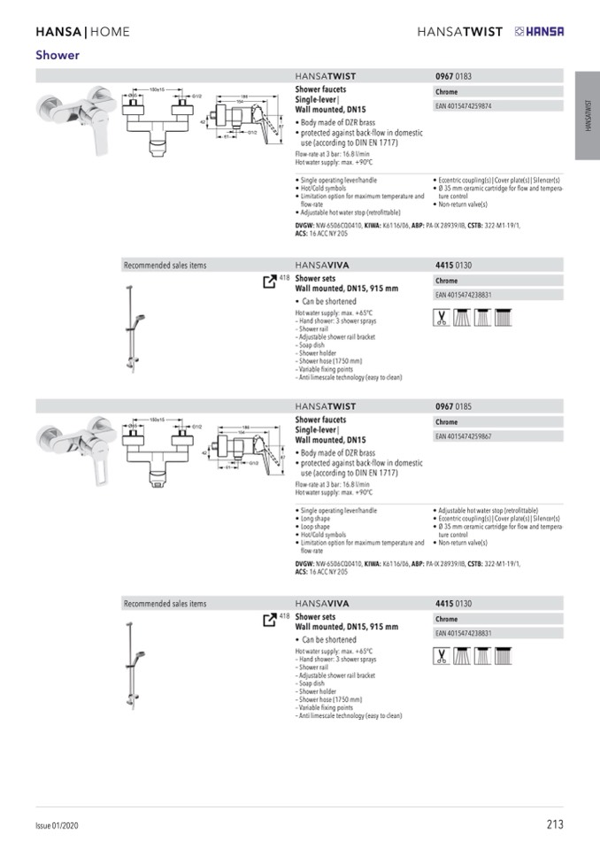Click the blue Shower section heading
tap(58, 55)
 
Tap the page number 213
tap(554, 824)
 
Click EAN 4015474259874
tap(464, 106)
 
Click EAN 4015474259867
tap(464, 436)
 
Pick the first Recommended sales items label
tap(165, 265)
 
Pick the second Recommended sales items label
tap(165, 604)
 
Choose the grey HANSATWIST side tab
tap(587, 116)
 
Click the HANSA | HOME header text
tap(82, 32)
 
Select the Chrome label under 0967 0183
tap(447, 92)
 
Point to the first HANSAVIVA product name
tap(322, 265)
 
